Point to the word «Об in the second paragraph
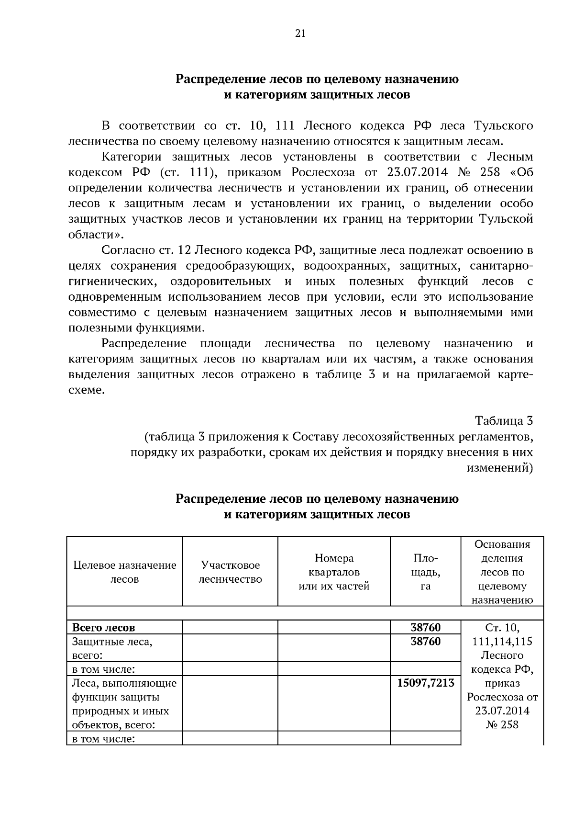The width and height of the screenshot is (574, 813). [x=518, y=172]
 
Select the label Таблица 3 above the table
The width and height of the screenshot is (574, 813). [x=504, y=421]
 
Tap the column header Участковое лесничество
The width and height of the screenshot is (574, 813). [x=230, y=572]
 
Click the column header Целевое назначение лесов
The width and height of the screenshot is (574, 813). [x=124, y=572]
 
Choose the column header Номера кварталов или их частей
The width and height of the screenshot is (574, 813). [x=334, y=572]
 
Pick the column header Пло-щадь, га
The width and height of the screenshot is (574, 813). [x=425, y=572]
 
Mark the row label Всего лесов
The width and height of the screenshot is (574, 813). [x=103, y=627]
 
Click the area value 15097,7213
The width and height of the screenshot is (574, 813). [x=425, y=683]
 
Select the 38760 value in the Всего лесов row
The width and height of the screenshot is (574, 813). [x=425, y=627]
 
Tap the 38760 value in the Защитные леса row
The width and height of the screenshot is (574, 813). [x=425, y=641]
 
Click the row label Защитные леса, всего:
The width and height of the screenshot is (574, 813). [x=112, y=648]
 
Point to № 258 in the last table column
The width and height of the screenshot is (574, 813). [x=502, y=724]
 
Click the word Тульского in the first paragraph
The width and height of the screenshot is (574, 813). [x=503, y=126]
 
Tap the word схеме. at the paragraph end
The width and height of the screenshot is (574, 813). [x=86, y=390]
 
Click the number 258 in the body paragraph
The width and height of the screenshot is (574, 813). [x=486, y=172]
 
